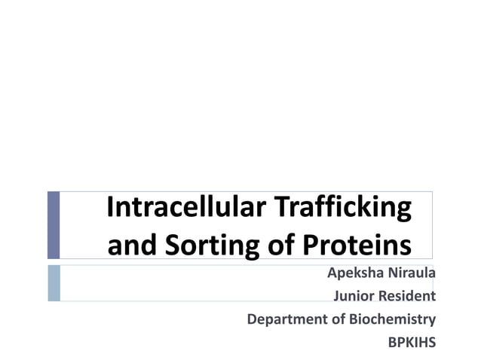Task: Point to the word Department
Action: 287,319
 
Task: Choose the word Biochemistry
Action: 392,319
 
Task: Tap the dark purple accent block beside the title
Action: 53,225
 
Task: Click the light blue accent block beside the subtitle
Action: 53,283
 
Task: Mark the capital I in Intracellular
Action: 110,208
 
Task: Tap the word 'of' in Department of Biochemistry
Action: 339,319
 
